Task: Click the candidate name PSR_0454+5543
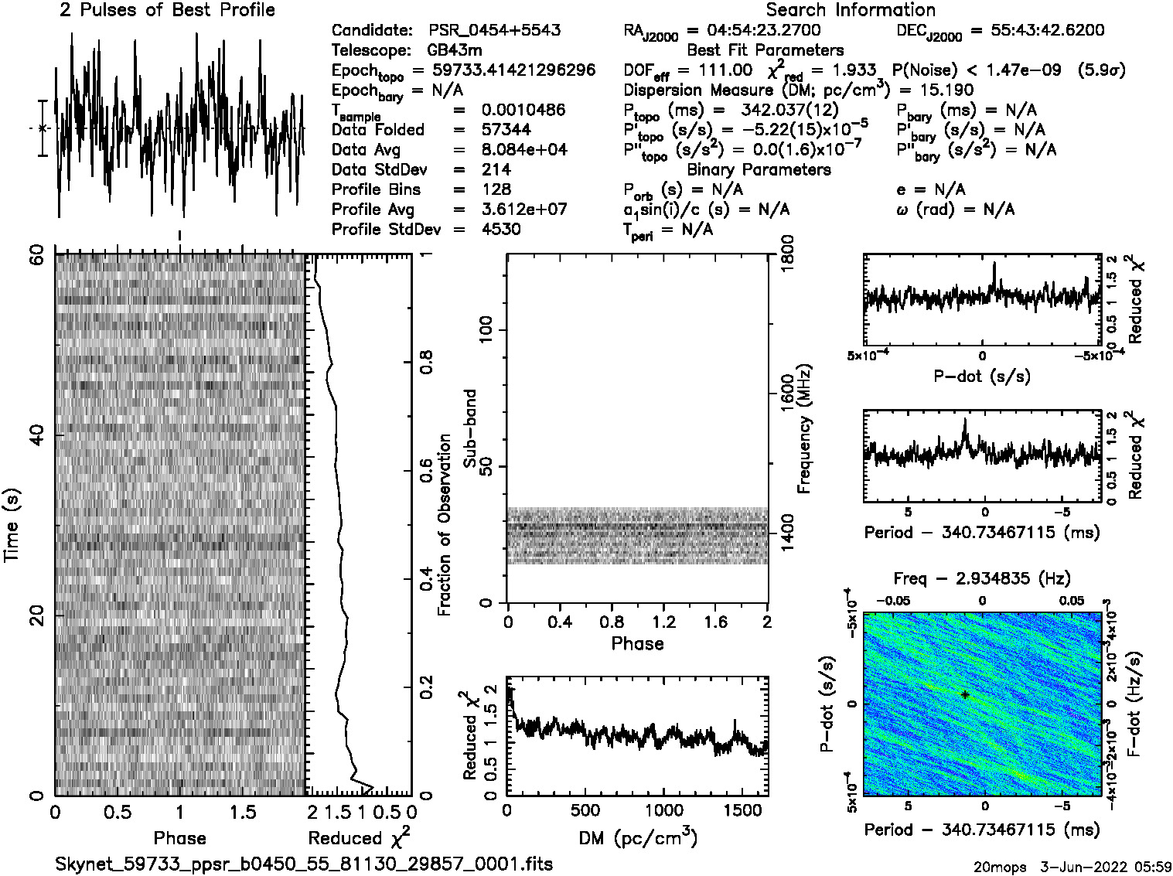[x=495, y=31]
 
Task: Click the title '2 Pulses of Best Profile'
[x=167, y=10]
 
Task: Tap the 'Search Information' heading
[x=851, y=10]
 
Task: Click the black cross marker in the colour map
[x=965, y=695]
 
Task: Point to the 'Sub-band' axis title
[x=469, y=428]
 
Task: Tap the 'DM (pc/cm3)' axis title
[x=637, y=838]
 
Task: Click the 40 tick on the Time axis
[x=36, y=436]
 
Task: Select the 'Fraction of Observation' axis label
[x=445, y=524]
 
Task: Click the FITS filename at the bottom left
[x=304, y=864]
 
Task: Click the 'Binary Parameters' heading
[x=759, y=170]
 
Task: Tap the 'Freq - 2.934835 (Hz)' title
[x=981, y=578]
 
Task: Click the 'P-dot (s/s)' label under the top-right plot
[x=981, y=377]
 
